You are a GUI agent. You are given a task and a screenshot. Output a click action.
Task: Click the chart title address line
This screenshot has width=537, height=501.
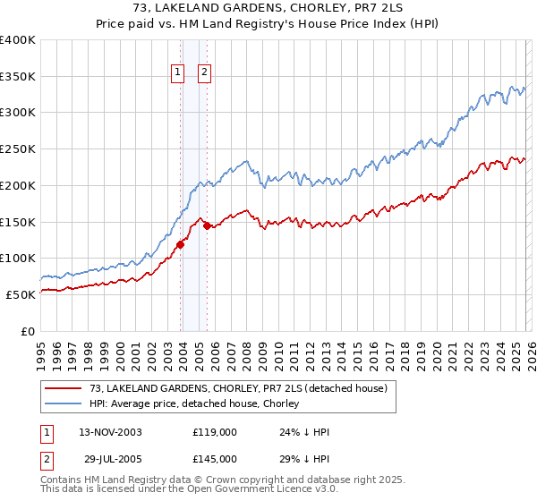tap(268, 8)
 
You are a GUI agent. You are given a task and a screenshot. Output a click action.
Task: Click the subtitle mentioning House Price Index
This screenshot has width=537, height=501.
tap(268, 23)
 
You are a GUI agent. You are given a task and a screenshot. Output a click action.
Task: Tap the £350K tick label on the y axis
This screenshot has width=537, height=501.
tap(18, 77)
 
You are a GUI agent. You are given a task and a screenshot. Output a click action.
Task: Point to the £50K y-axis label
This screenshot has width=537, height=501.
tap(21, 294)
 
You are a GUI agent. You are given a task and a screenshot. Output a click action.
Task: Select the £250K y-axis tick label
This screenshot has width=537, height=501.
tap(18, 149)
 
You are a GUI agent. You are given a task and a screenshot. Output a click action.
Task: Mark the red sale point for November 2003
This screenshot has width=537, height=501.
tap(181, 243)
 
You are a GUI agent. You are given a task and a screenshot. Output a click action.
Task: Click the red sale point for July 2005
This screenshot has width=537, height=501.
tap(208, 225)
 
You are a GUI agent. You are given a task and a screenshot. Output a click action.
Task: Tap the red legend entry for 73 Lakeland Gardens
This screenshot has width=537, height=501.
tap(237, 388)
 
